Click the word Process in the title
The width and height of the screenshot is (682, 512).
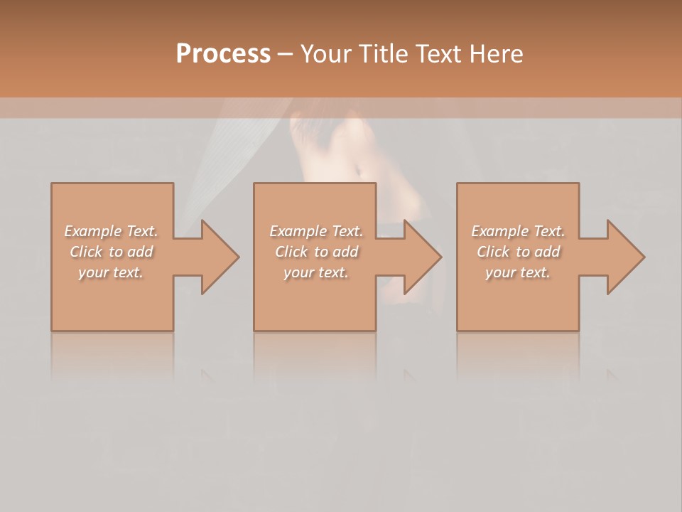coord(223,54)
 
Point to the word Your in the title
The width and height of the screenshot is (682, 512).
coord(325,54)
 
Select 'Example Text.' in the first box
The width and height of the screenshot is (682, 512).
coord(112,231)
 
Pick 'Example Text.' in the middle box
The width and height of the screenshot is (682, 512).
coord(316,231)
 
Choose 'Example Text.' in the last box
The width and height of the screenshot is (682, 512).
coord(518,231)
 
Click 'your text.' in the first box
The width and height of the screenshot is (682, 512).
coord(111,272)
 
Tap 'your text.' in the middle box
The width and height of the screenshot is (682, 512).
coord(315,272)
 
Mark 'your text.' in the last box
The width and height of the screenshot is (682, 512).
coord(518,272)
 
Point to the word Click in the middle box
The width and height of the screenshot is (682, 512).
coord(291,252)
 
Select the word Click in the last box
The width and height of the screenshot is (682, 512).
coord(493,252)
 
